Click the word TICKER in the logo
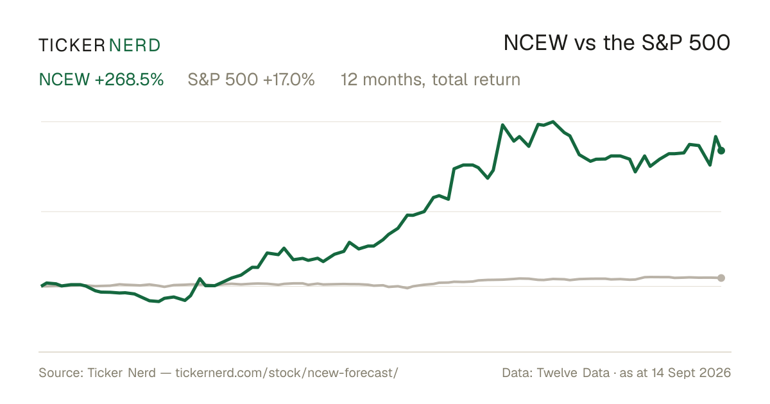tap(72, 46)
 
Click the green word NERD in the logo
tap(135, 46)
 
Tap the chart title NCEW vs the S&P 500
tap(617, 43)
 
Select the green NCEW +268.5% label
tap(101, 80)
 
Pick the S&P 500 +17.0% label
tap(251, 80)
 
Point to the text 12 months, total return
tap(431, 80)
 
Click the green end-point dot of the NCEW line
tap(721, 151)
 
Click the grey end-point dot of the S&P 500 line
tap(721, 278)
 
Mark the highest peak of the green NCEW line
tap(553, 122)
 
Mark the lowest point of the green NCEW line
tap(158, 301)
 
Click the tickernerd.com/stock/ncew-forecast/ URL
tap(287, 373)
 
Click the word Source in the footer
tap(60, 373)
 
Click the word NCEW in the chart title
tap(536, 43)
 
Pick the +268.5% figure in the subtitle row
tap(129, 80)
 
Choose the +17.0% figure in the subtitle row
tap(289, 80)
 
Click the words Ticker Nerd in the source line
tap(121, 373)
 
